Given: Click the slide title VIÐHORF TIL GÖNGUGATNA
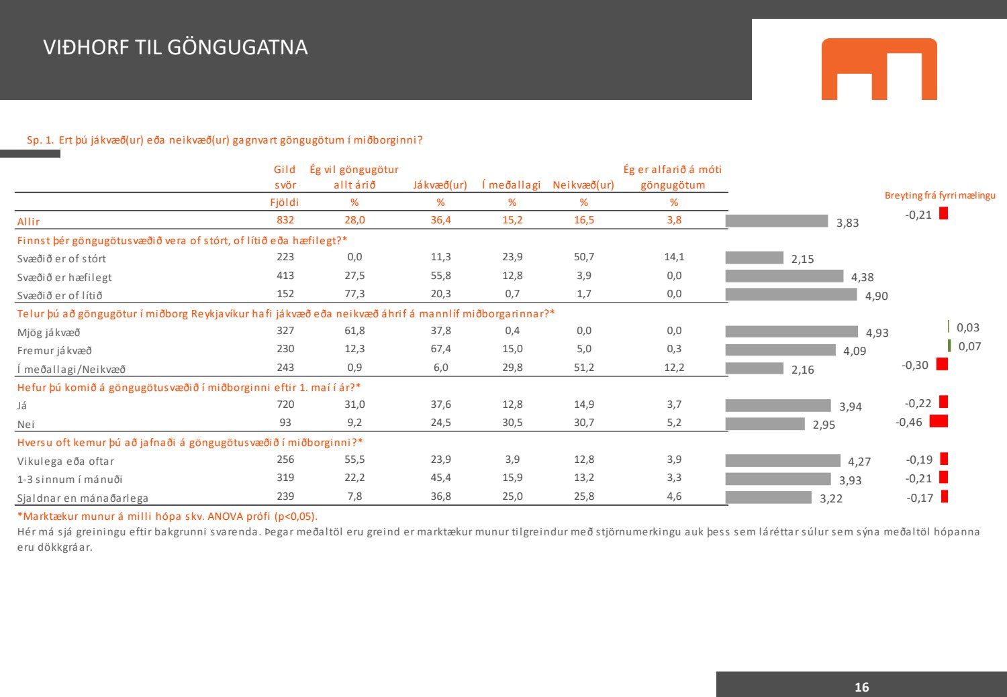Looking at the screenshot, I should (x=175, y=47).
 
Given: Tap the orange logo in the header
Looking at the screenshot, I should (x=879, y=68).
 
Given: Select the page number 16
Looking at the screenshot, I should (x=861, y=686).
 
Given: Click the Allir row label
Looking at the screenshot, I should (x=29, y=221).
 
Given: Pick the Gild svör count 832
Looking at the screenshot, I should (x=285, y=220).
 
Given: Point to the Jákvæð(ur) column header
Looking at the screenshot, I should (x=440, y=185).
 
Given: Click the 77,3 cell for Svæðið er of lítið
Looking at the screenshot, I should (x=354, y=294).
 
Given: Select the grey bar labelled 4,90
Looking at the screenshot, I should (x=791, y=294).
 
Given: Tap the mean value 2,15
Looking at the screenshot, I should (x=802, y=259).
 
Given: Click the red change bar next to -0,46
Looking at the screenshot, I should (x=939, y=421).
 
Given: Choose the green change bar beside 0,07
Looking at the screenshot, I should (x=949, y=345).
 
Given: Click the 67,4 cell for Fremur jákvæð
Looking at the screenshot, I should (x=440, y=349).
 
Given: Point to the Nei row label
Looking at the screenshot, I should (x=26, y=424).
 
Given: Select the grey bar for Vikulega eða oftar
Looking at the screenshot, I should (x=783, y=460).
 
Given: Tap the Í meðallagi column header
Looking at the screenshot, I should (x=512, y=185).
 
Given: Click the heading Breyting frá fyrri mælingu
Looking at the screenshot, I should (x=940, y=195).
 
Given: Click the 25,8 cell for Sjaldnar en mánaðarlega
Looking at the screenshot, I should (x=583, y=496).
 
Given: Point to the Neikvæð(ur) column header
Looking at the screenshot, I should (x=583, y=185).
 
